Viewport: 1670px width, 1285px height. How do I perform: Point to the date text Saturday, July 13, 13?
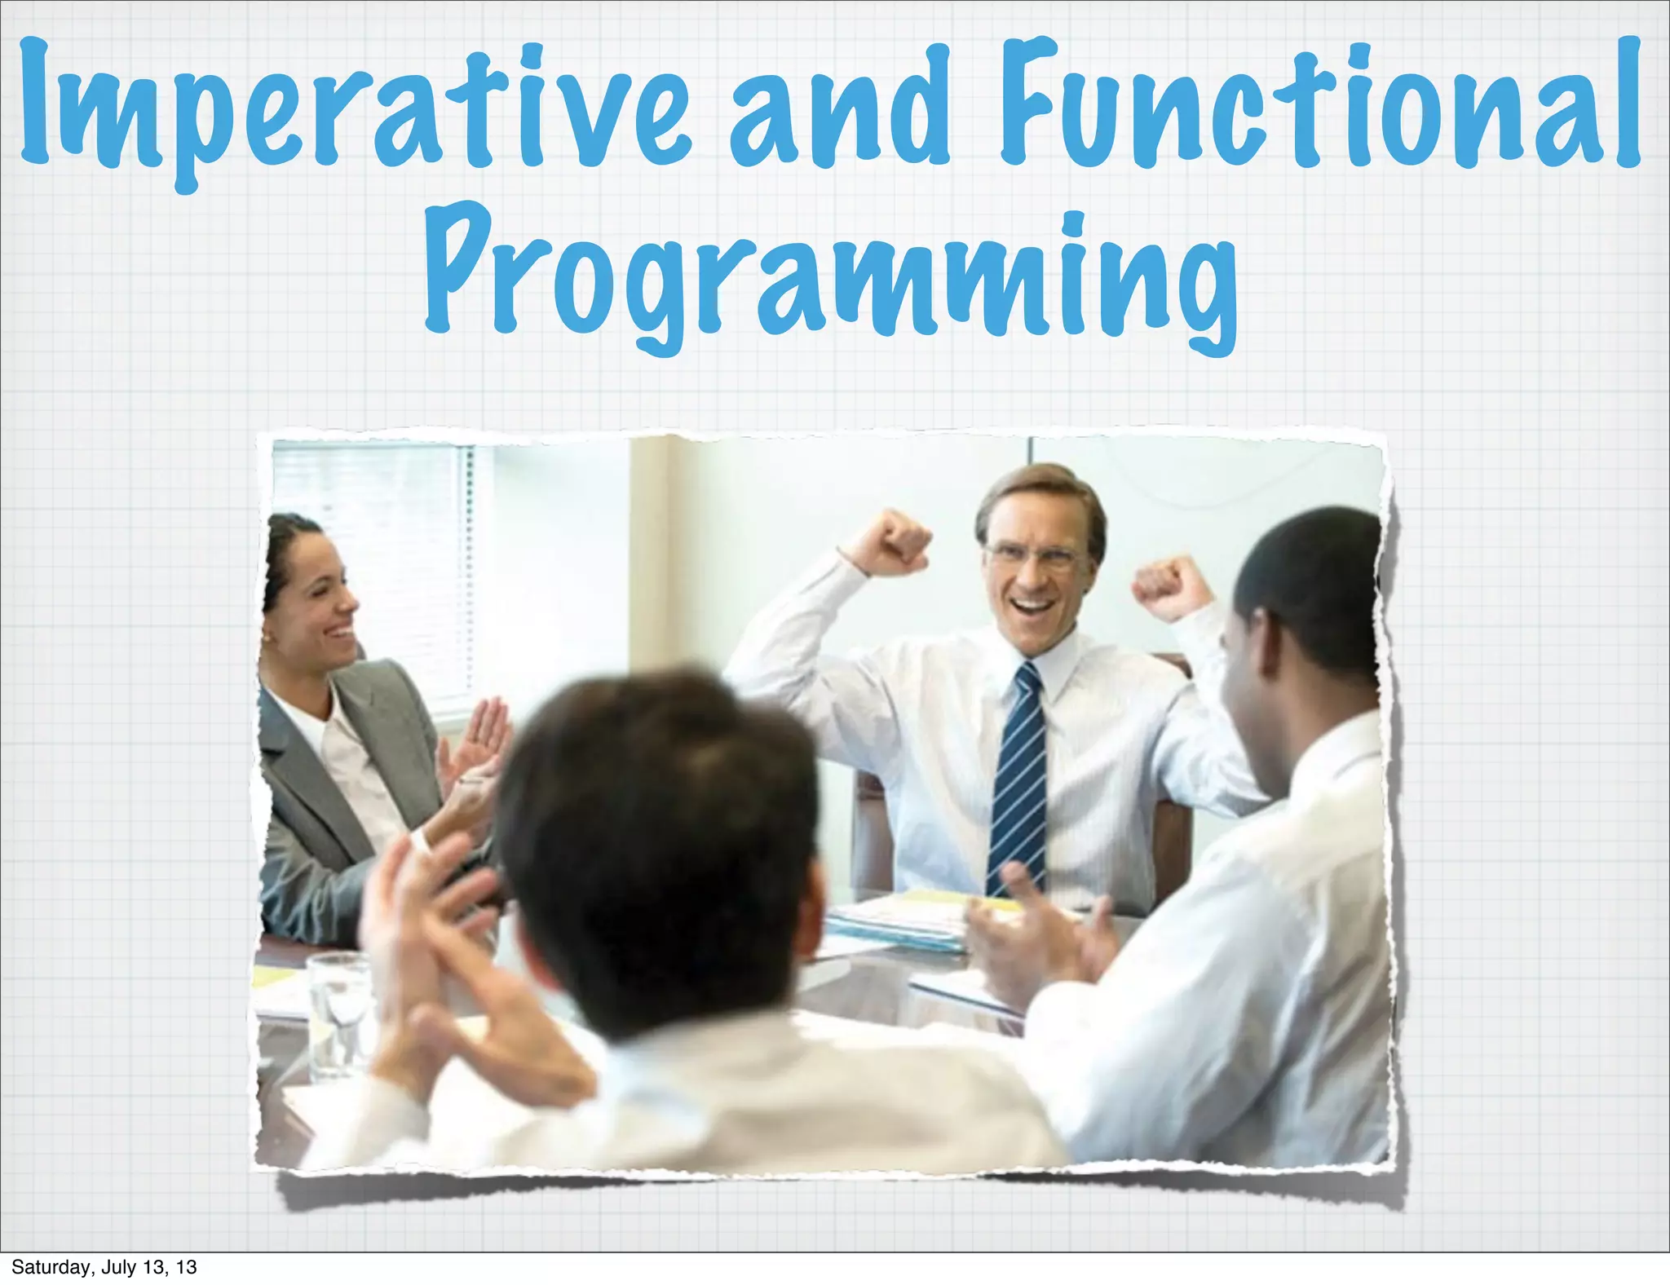coord(104,1267)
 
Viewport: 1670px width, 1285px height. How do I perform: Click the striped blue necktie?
coord(1017,783)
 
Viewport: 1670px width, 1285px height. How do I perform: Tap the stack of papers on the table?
coord(897,925)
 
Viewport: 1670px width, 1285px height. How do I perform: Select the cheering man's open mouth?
coord(1032,607)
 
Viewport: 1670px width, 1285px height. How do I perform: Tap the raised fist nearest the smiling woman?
coord(898,541)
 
